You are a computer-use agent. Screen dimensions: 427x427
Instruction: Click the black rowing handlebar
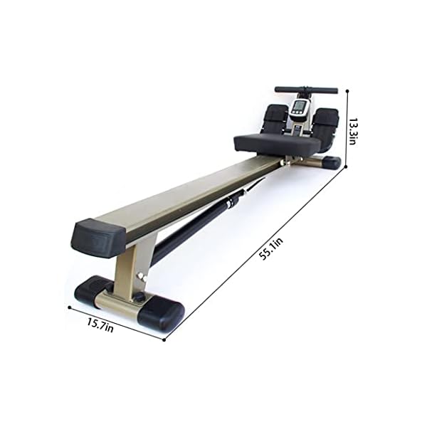(306, 90)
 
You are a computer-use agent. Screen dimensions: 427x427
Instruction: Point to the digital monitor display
(300, 108)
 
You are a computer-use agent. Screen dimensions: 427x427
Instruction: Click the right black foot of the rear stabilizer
(162, 315)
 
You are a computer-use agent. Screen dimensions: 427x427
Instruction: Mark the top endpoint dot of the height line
(347, 90)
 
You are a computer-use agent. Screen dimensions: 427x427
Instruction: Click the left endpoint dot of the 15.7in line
(69, 307)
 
